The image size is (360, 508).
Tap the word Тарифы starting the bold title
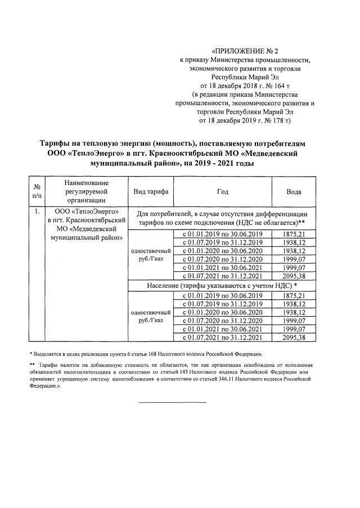[x=60, y=143]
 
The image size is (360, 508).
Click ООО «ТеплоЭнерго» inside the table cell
[x=86, y=212]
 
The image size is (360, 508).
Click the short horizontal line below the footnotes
[x=173, y=402]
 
